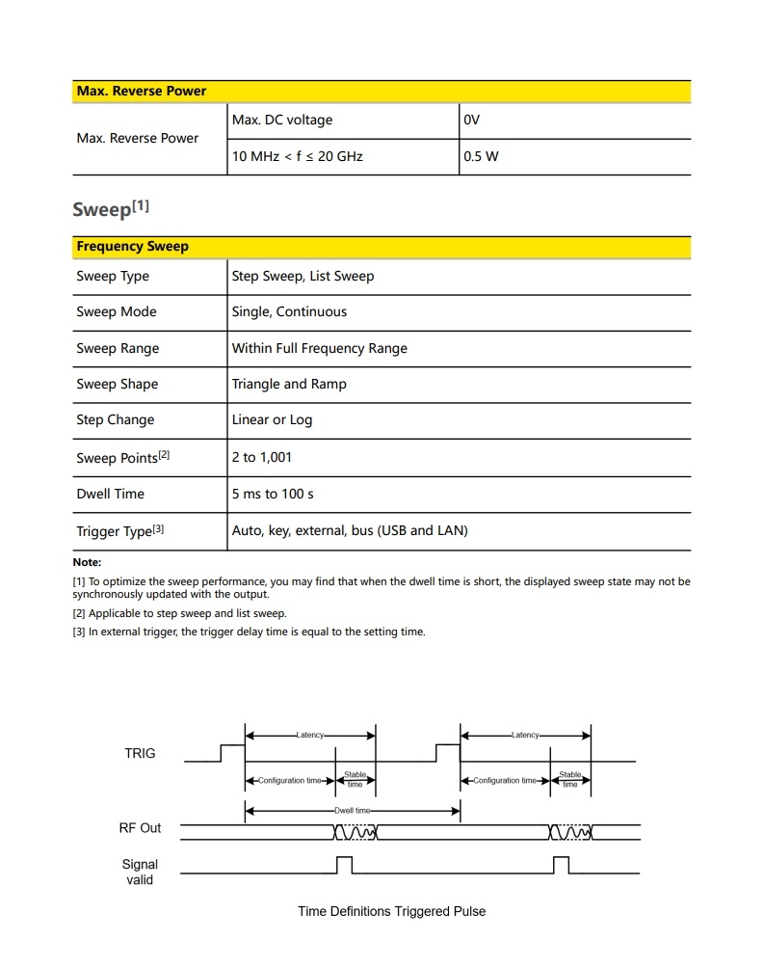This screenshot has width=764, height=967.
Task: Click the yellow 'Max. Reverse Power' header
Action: [142, 92]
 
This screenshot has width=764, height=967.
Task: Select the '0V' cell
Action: [472, 121]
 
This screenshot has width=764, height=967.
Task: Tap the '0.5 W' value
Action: [482, 156]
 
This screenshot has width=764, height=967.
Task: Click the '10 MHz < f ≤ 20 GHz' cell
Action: [297, 156]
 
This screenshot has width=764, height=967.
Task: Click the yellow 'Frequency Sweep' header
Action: [133, 247]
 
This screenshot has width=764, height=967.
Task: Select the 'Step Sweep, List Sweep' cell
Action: [303, 277]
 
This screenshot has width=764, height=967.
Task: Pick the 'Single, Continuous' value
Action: [289, 312]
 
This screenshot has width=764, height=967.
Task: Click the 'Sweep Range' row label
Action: [118, 348]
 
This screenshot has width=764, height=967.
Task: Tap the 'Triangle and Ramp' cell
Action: [289, 384]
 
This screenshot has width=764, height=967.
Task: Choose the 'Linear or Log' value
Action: [272, 420]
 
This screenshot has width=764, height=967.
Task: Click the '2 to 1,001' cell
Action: [261, 457]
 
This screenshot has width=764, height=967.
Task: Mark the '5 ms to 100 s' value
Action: [273, 494]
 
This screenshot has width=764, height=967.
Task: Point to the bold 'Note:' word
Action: [87, 562]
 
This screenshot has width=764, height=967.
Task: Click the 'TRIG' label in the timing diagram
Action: [140, 753]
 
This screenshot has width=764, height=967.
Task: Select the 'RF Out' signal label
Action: [140, 828]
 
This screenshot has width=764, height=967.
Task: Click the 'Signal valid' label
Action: [140, 872]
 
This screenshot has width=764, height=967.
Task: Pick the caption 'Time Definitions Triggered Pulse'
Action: [391, 911]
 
